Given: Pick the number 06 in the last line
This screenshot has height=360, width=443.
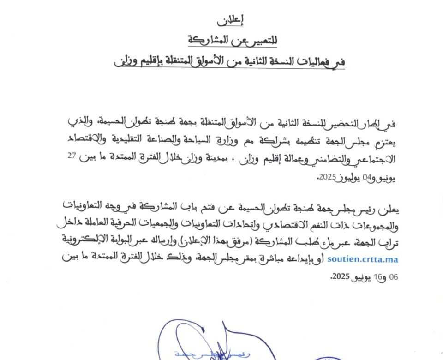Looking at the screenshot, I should [x=392, y=277].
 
